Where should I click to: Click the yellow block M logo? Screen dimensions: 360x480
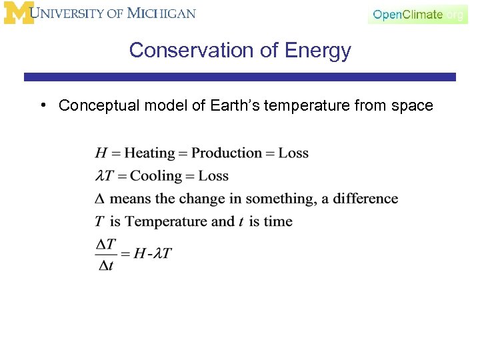19,13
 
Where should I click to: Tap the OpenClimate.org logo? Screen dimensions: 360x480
418,15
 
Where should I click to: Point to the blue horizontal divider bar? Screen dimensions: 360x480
240,77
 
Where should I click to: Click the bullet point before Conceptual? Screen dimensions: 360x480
42,105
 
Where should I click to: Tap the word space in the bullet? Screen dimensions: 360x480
413,105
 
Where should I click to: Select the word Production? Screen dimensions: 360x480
227,153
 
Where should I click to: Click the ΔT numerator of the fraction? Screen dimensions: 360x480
105,245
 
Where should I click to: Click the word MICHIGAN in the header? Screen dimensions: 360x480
162,13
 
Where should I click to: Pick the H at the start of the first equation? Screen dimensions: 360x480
101,153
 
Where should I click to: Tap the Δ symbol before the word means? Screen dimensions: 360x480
100,199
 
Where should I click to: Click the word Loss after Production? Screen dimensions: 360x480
293,153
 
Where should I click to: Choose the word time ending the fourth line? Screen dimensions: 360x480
277,221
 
